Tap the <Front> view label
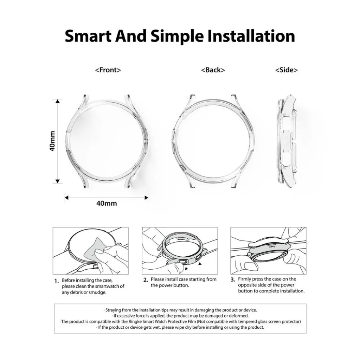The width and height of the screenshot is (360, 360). click(108, 70)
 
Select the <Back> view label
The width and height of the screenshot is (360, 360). click(213, 70)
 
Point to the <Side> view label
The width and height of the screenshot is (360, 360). click(286, 70)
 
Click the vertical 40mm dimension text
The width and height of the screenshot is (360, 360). click(52, 141)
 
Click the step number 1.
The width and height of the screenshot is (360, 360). click(56, 281)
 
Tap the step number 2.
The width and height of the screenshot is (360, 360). click(145, 280)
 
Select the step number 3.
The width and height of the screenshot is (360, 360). click(233, 280)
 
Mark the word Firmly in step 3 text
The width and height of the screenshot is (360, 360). click(245, 279)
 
